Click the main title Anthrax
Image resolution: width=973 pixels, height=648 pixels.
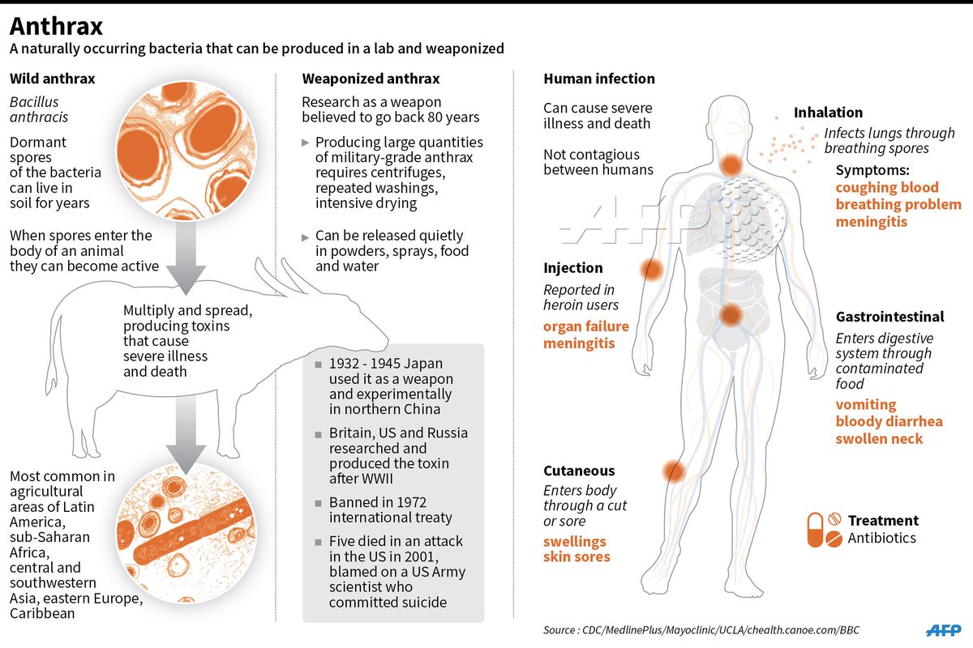[x=56, y=26]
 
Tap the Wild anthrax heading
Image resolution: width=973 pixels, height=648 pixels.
[x=52, y=79]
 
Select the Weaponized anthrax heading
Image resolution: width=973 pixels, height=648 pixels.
[x=371, y=79]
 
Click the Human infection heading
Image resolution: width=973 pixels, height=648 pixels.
[x=598, y=79]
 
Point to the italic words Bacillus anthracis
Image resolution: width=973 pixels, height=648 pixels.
[x=36, y=109]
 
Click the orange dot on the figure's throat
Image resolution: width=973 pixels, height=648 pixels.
[x=731, y=166]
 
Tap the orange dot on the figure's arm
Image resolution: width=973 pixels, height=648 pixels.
[x=651, y=270]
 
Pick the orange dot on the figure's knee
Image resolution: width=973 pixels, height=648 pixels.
[x=673, y=471]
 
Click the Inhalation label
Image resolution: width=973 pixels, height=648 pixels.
[x=828, y=113]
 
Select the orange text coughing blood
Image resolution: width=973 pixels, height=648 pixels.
[x=887, y=187]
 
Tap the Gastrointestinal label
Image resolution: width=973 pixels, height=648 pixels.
[x=889, y=317]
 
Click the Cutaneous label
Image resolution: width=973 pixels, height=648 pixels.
[x=579, y=471]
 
